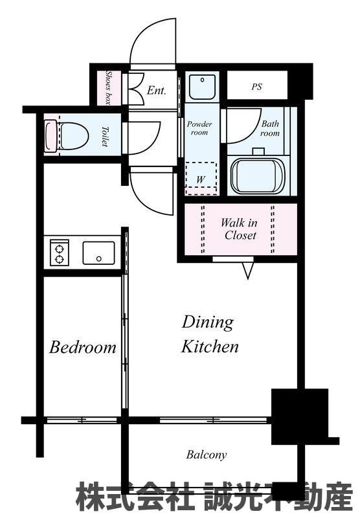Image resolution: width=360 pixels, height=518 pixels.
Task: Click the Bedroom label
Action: click(x=83, y=347)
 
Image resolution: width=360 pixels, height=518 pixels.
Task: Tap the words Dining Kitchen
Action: click(x=210, y=334)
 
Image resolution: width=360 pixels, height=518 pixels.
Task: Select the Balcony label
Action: click(x=207, y=455)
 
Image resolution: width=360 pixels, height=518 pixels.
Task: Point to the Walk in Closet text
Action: click(x=240, y=229)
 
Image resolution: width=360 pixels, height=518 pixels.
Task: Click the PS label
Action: click(x=256, y=87)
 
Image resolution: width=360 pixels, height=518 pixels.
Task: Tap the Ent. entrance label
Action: click(x=156, y=90)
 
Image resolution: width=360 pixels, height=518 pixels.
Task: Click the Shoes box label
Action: click(x=108, y=87)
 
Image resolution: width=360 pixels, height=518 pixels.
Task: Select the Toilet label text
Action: click(x=104, y=136)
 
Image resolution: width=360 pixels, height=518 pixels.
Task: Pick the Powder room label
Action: click(x=199, y=128)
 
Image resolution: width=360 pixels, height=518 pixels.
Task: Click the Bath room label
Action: click(x=270, y=128)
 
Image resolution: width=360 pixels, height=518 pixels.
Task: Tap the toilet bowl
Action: click(x=67, y=137)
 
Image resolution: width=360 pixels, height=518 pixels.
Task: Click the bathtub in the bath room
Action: click(x=258, y=176)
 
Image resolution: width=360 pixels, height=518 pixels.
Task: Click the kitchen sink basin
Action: click(x=99, y=253)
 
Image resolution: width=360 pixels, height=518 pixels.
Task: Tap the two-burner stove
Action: click(x=60, y=253)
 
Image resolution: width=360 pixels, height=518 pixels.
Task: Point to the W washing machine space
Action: click(x=201, y=179)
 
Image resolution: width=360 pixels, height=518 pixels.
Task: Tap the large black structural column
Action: click(x=300, y=416)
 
